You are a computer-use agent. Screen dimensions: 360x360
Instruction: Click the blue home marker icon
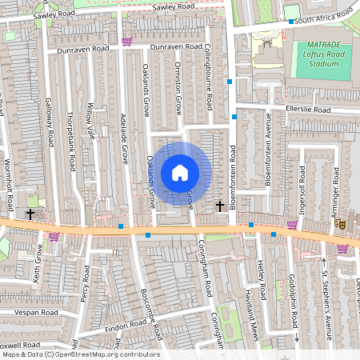click(x=180, y=172)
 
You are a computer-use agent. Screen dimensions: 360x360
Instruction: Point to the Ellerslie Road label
click(x=308, y=109)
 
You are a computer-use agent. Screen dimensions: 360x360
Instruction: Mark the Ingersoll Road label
click(x=302, y=184)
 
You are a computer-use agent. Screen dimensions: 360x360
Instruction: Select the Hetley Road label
click(x=261, y=276)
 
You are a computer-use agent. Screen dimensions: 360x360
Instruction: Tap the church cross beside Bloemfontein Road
click(x=220, y=206)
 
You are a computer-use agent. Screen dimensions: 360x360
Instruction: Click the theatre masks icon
click(x=339, y=226)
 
